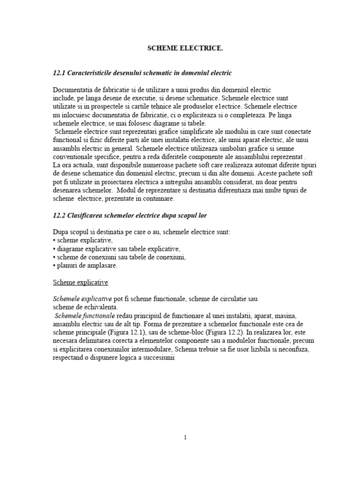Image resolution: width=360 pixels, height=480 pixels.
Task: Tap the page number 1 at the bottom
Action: [185, 437]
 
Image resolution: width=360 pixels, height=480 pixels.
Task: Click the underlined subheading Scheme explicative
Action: [81, 283]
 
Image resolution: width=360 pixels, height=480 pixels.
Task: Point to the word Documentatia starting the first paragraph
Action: [74, 89]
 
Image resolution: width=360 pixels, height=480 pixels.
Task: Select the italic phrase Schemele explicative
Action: [82, 299]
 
